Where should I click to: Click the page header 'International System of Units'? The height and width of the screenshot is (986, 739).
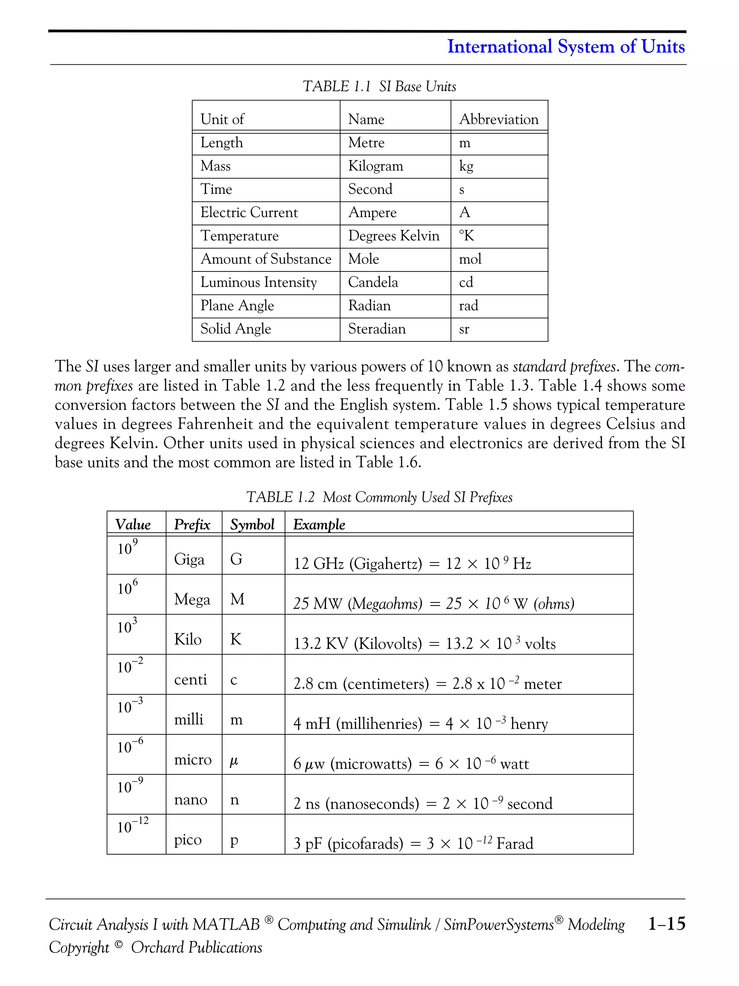565,47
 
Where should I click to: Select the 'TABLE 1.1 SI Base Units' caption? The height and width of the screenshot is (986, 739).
379,87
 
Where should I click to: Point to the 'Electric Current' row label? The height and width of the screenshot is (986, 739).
249,212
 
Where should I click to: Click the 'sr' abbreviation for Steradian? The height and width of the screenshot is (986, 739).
464,329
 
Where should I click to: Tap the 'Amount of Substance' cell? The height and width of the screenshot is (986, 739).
266,259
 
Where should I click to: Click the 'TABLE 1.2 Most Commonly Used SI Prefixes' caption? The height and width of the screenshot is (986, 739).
379,497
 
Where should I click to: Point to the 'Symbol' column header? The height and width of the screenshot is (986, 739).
252,524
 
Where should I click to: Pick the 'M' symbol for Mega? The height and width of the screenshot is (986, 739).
237,599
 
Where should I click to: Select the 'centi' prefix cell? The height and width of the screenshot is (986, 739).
190,679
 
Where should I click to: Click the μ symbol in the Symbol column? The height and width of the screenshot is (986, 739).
234,761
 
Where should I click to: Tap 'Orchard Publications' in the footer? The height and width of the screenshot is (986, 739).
196,947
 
